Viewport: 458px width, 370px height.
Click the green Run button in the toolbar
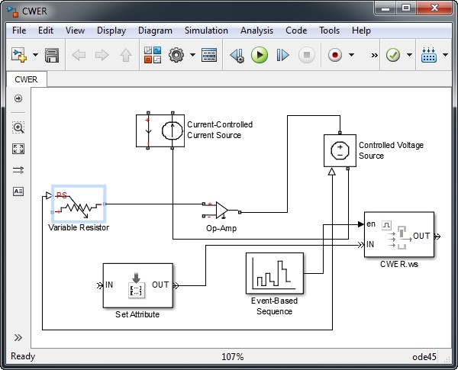coord(260,55)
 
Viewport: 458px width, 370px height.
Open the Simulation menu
coord(205,31)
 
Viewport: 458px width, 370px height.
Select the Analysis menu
coord(256,31)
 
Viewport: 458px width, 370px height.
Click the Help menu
coord(361,31)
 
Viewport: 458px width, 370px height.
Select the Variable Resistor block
coord(78,203)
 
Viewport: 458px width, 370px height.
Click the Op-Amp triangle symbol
coord(221,209)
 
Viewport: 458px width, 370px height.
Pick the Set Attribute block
coord(137,285)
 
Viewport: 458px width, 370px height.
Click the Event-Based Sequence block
coord(274,273)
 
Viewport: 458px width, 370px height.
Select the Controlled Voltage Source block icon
coord(337,150)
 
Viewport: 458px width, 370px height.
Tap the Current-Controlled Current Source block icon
coord(160,130)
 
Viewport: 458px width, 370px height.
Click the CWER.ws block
coord(398,236)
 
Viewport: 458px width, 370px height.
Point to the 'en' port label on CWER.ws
coord(371,224)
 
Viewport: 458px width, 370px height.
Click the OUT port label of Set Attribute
coord(160,285)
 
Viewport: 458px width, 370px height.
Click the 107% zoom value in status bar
coord(232,357)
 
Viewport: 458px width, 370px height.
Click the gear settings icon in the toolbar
coord(176,55)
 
